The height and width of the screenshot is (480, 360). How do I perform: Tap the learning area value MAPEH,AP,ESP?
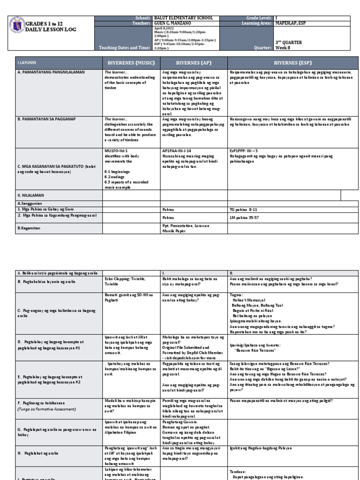(291, 23)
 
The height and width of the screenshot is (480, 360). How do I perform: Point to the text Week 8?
(282, 47)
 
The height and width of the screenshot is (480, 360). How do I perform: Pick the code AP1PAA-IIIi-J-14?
(178, 151)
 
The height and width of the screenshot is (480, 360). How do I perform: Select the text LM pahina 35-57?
(245, 217)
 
